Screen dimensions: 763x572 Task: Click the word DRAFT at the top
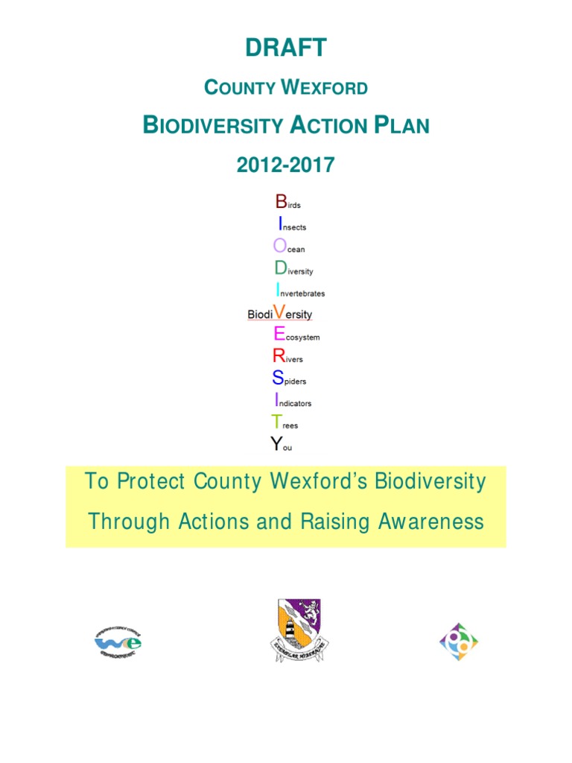pyautogui.click(x=285, y=48)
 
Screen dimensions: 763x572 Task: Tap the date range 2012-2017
pyautogui.click(x=285, y=165)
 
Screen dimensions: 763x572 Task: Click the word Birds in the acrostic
pyautogui.click(x=287, y=202)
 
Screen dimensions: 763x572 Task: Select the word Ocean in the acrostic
pyautogui.click(x=289, y=247)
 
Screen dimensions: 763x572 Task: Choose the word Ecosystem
pyautogui.click(x=296, y=335)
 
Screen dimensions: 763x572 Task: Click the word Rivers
pyautogui.click(x=288, y=357)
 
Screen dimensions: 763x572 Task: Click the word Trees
pyautogui.click(x=285, y=423)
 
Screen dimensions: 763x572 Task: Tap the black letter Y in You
pyautogui.click(x=276, y=445)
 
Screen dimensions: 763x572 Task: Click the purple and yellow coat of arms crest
pyautogui.click(x=296, y=629)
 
